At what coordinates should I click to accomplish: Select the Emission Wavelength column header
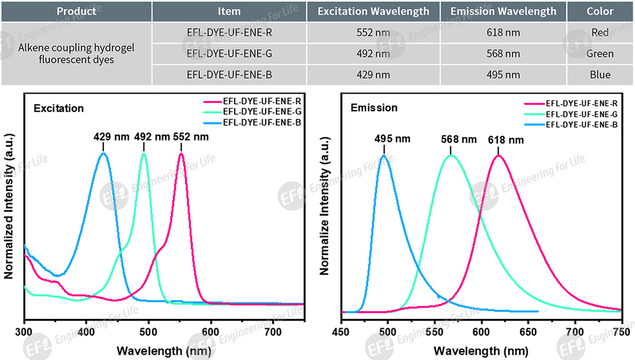pos(503,11)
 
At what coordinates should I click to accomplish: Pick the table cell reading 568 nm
pos(503,54)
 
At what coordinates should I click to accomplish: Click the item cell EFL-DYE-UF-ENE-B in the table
pos(229,75)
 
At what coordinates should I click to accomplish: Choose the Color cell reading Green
pos(600,54)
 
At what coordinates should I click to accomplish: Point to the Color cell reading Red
pos(600,33)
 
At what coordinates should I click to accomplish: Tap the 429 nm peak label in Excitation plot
pos(103,137)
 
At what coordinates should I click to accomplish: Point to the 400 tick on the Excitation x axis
pos(86,332)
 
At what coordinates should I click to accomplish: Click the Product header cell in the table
pos(76,11)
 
